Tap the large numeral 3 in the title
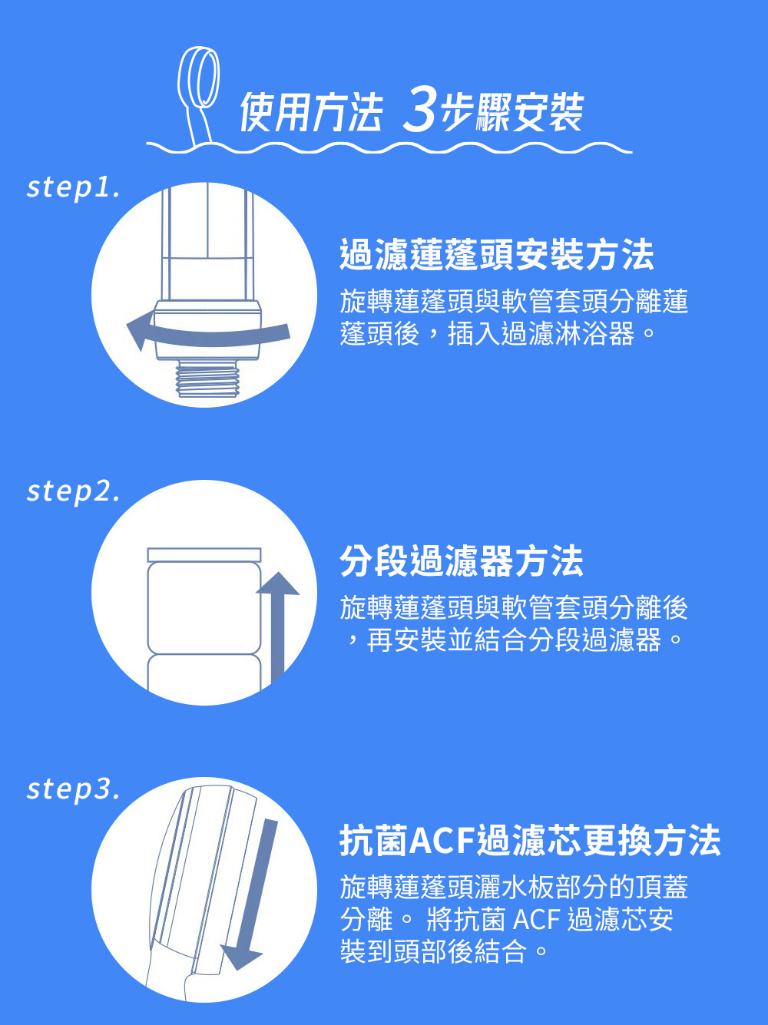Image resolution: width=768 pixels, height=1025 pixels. tap(419, 111)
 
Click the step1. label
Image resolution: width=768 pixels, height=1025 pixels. tap(73, 187)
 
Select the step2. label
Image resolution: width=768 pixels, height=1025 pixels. tap(73, 491)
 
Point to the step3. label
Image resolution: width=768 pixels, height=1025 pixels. tap(73, 789)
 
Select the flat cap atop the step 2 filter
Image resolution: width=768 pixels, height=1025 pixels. tap(204, 555)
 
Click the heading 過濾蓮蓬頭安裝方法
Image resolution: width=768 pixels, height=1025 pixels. tap(497, 254)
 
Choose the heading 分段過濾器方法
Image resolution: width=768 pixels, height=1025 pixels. tap(462, 560)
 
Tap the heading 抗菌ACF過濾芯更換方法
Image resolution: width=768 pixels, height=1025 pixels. tap(530, 841)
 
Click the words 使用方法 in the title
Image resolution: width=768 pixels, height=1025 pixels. tap(311, 111)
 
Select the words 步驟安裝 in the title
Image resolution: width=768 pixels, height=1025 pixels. tap(511, 111)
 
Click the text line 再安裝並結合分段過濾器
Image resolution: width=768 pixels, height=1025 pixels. tap(514, 640)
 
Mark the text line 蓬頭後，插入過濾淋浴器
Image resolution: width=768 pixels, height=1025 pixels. tap(487, 333)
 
